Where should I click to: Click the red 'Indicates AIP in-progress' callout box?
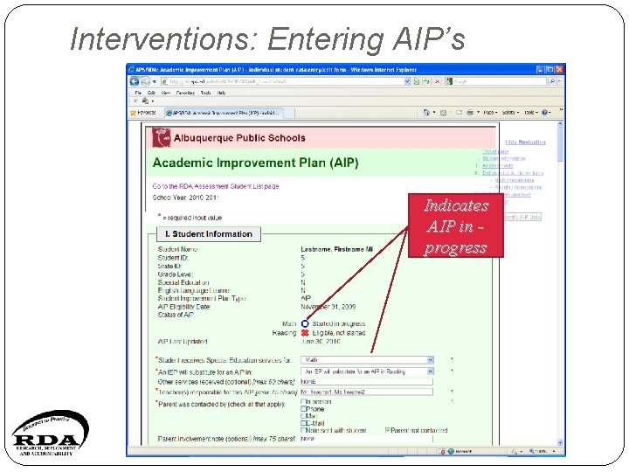click(x=455, y=226)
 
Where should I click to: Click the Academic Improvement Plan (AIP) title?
click(x=255, y=163)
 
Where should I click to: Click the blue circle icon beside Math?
click(x=305, y=324)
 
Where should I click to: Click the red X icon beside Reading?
click(x=305, y=333)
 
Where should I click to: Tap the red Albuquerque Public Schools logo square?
click(x=162, y=138)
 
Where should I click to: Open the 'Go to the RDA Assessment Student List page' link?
click(x=216, y=186)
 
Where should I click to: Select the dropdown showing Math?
click(x=368, y=359)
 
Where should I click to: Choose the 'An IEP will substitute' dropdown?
click(x=368, y=371)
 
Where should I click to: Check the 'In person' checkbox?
click(x=303, y=402)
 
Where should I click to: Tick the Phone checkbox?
click(x=303, y=409)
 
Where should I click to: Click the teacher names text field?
click(x=368, y=392)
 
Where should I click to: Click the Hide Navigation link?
click(x=525, y=142)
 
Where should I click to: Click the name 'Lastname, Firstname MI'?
click(x=336, y=250)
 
